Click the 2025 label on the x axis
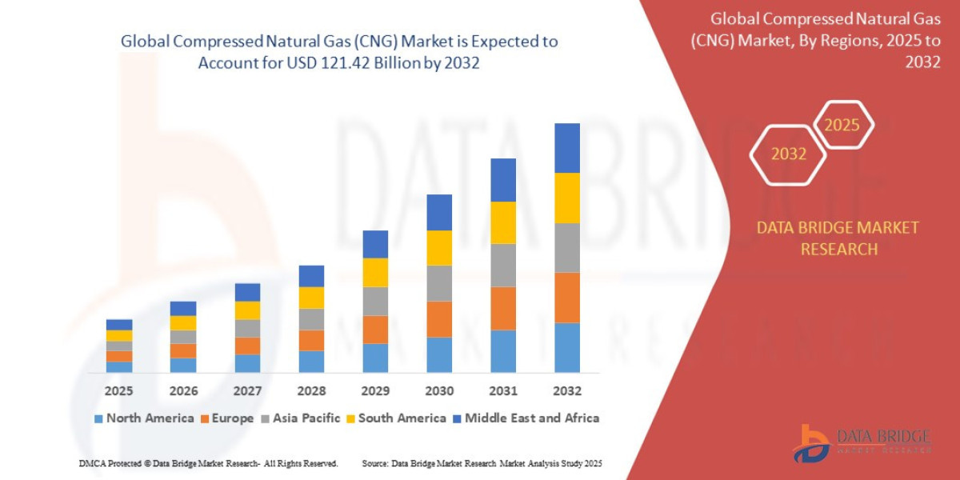[119, 391]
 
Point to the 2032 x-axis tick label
[566, 391]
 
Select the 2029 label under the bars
[375, 391]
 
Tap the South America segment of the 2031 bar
[503, 222]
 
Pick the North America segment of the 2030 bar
[439, 354]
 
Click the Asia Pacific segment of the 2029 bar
[375, 301]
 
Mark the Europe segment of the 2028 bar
[311, 340]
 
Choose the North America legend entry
[144, 418]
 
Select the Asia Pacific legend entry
[300, 418]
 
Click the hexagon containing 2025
[842, 125]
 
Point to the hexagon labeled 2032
[788, 154]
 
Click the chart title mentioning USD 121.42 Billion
[339, 52]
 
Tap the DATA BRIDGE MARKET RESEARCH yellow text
[838, 238]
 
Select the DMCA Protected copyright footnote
[208, 463]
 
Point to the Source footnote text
[482, 463]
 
